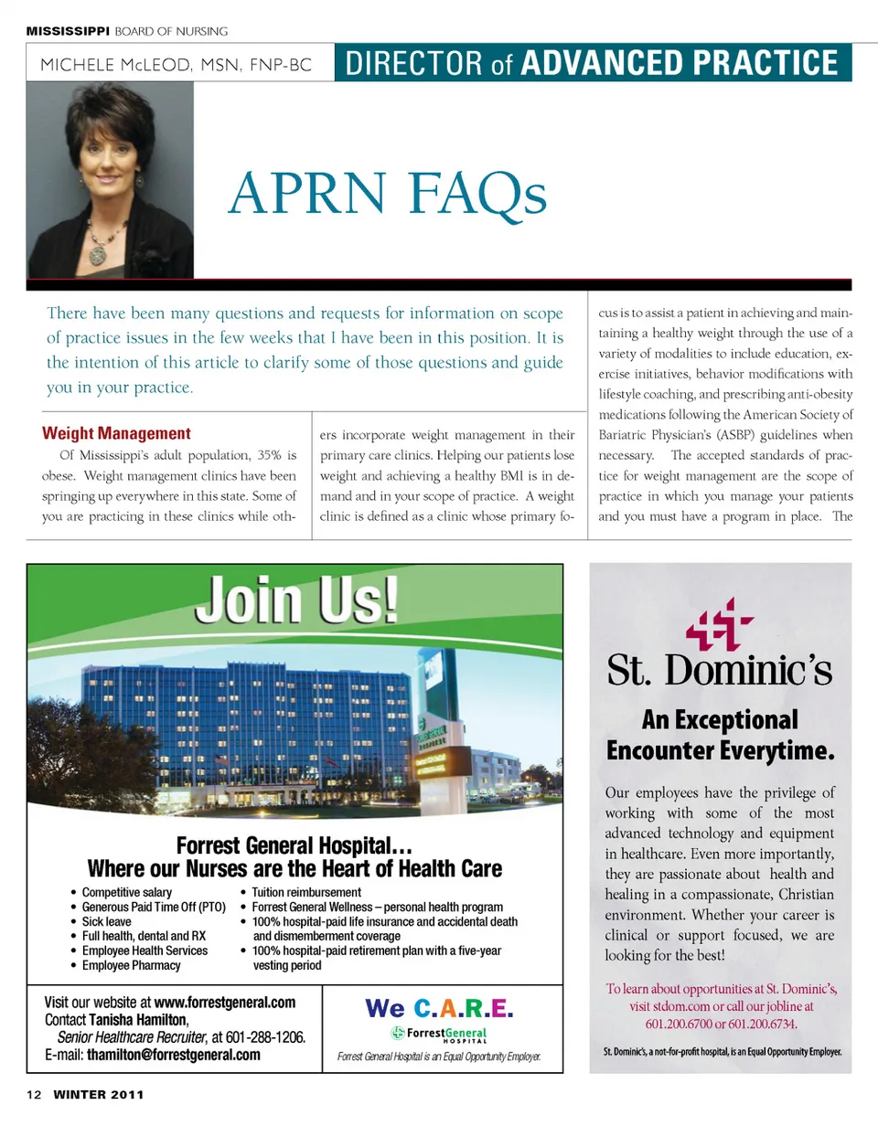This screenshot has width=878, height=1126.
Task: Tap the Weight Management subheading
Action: (117, 433)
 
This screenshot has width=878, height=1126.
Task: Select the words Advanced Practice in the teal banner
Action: (679, 63)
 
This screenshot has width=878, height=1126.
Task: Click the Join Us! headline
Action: (300, 599)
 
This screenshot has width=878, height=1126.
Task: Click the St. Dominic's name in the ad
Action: (720, 672)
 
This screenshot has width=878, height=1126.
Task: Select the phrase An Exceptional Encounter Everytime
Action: (720, 735)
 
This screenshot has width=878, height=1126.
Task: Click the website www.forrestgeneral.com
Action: (225, 1002)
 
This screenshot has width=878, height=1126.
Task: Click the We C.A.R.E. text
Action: (438, 1008)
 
